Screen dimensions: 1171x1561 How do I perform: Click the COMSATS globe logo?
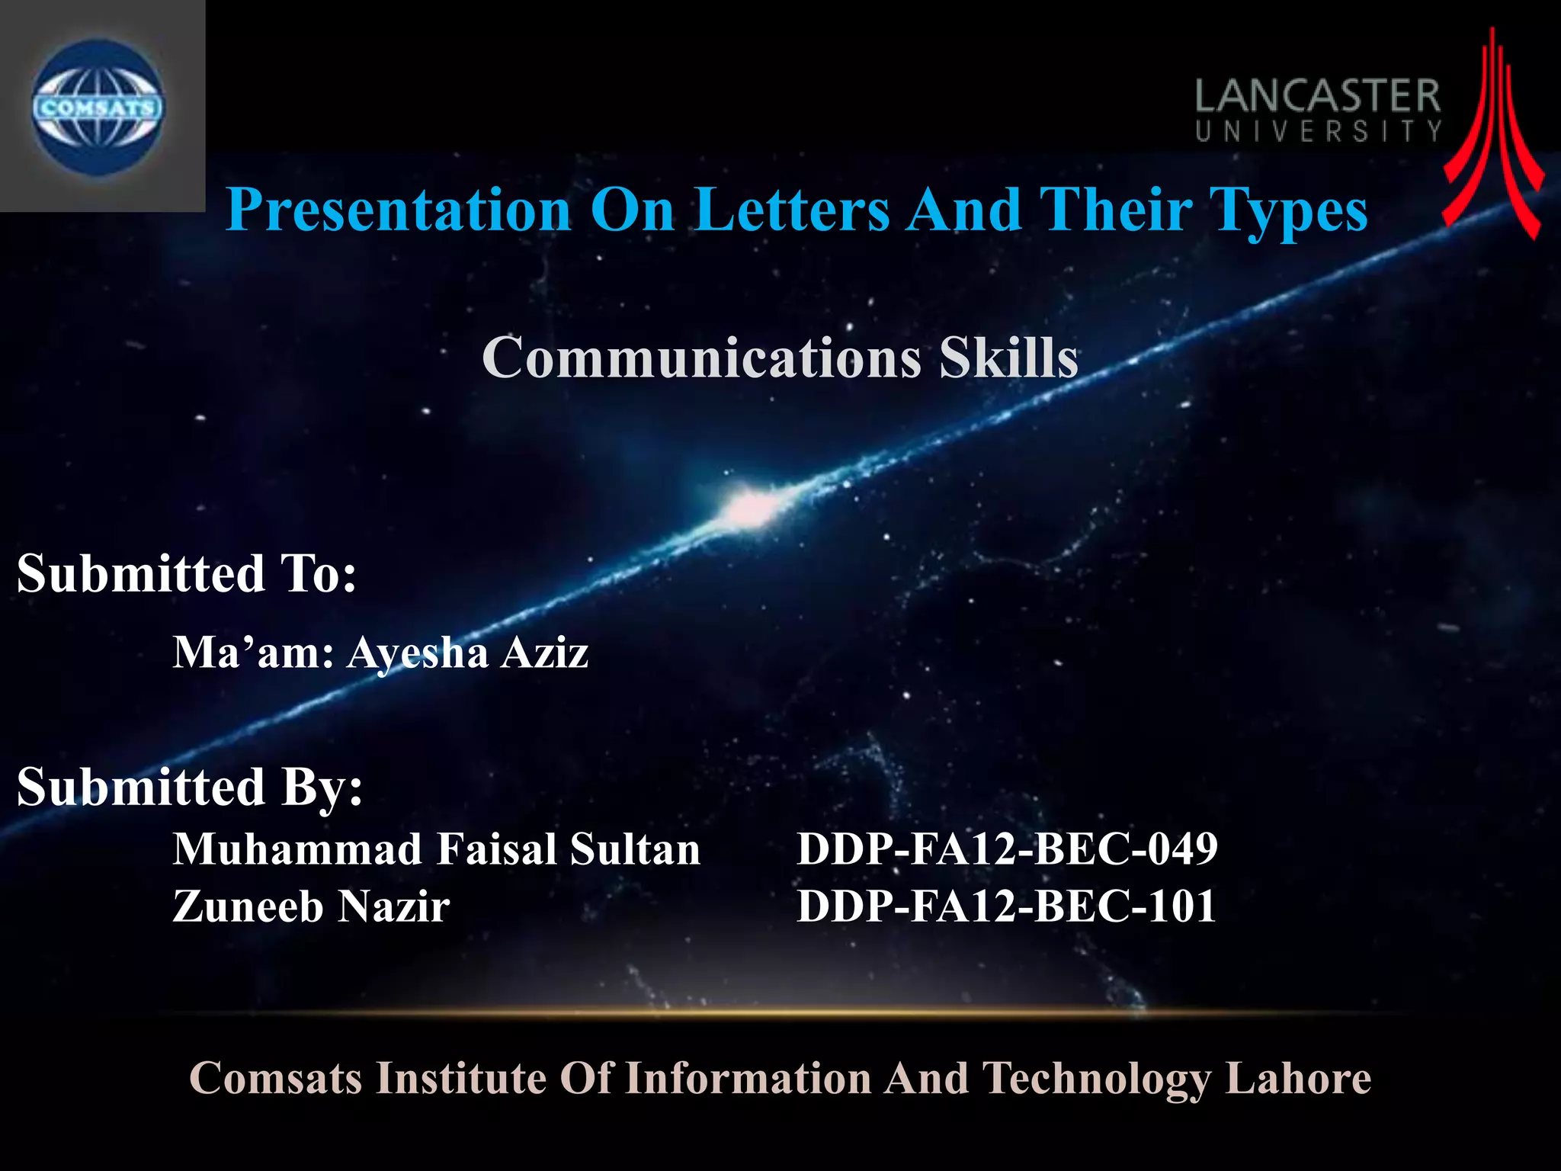point(98,107)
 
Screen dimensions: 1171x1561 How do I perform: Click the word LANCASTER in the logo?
point(1317,97)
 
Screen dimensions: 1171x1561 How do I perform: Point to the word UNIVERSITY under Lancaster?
point(1318,132)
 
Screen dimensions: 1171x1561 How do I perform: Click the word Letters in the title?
point(793,210)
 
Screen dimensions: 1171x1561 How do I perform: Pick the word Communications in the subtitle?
point(701,357)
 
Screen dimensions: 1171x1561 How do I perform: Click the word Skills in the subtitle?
point(1008,357)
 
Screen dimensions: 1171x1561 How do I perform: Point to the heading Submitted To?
point(187,573)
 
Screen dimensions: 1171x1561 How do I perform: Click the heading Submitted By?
point(190,787)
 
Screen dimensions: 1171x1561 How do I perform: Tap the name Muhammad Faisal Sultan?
point(436,849)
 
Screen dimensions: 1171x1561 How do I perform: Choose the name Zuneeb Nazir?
point(311,906)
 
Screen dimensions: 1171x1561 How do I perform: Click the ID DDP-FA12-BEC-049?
point(1007,849)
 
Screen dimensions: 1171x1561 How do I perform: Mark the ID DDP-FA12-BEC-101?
point(1006,906)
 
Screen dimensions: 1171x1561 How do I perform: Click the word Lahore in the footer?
point(1297,1078)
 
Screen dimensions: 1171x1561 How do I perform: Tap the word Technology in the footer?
point(1095,1080)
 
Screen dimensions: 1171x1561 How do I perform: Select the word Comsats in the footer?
point(275,1078)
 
